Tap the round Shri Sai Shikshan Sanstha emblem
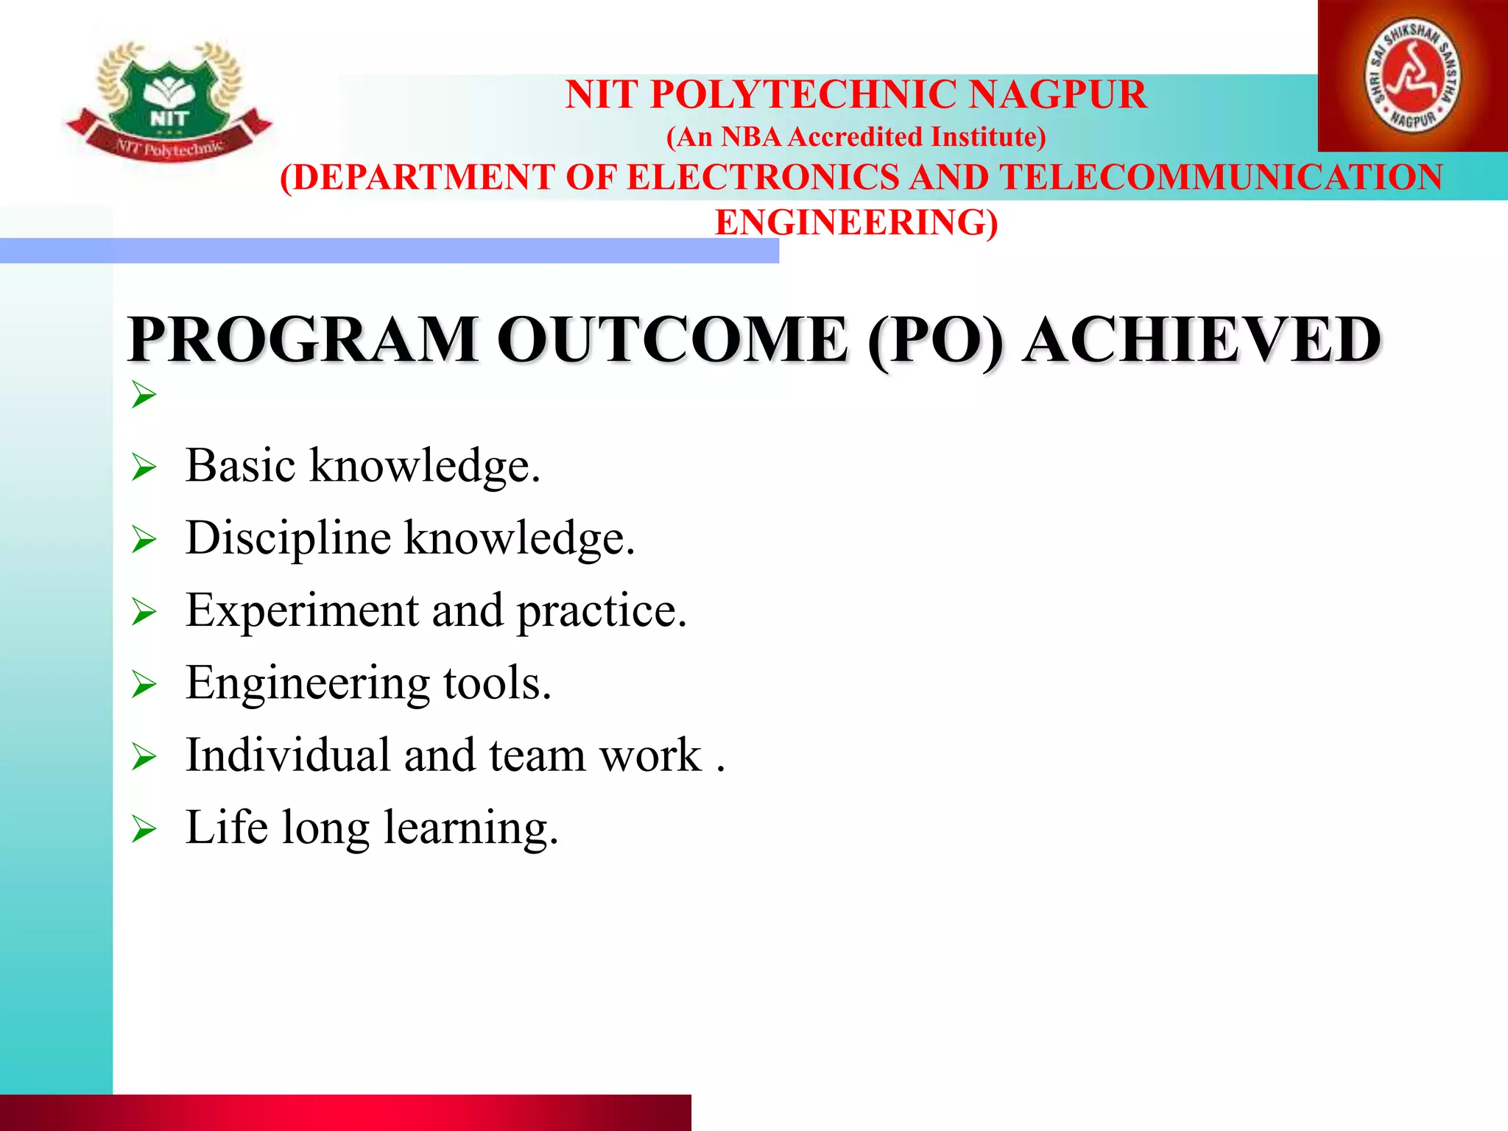[x=1413, y=76]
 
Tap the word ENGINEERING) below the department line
[x=856, y=222]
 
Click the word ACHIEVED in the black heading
[x=1202, y=340]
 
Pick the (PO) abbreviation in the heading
[x=935, y=340]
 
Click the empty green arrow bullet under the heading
[x=144, y=395]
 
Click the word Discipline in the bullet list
[x=288, y=538]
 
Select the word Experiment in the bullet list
[x=302, y=611]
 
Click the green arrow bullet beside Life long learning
[x=144, y=830]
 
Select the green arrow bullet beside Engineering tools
[x=144, y=685]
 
